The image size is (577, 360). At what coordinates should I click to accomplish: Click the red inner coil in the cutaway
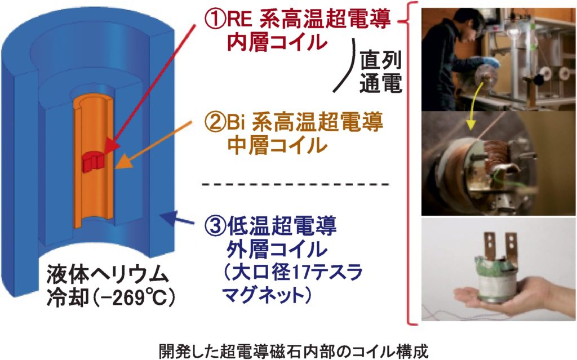94,162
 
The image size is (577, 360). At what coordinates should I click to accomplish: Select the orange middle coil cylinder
94,162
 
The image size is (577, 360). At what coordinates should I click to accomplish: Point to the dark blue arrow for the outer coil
176,217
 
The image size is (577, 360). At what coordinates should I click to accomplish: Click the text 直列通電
380,72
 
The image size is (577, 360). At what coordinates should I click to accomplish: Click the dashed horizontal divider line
295,184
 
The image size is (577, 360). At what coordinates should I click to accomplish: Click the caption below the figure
294,351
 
